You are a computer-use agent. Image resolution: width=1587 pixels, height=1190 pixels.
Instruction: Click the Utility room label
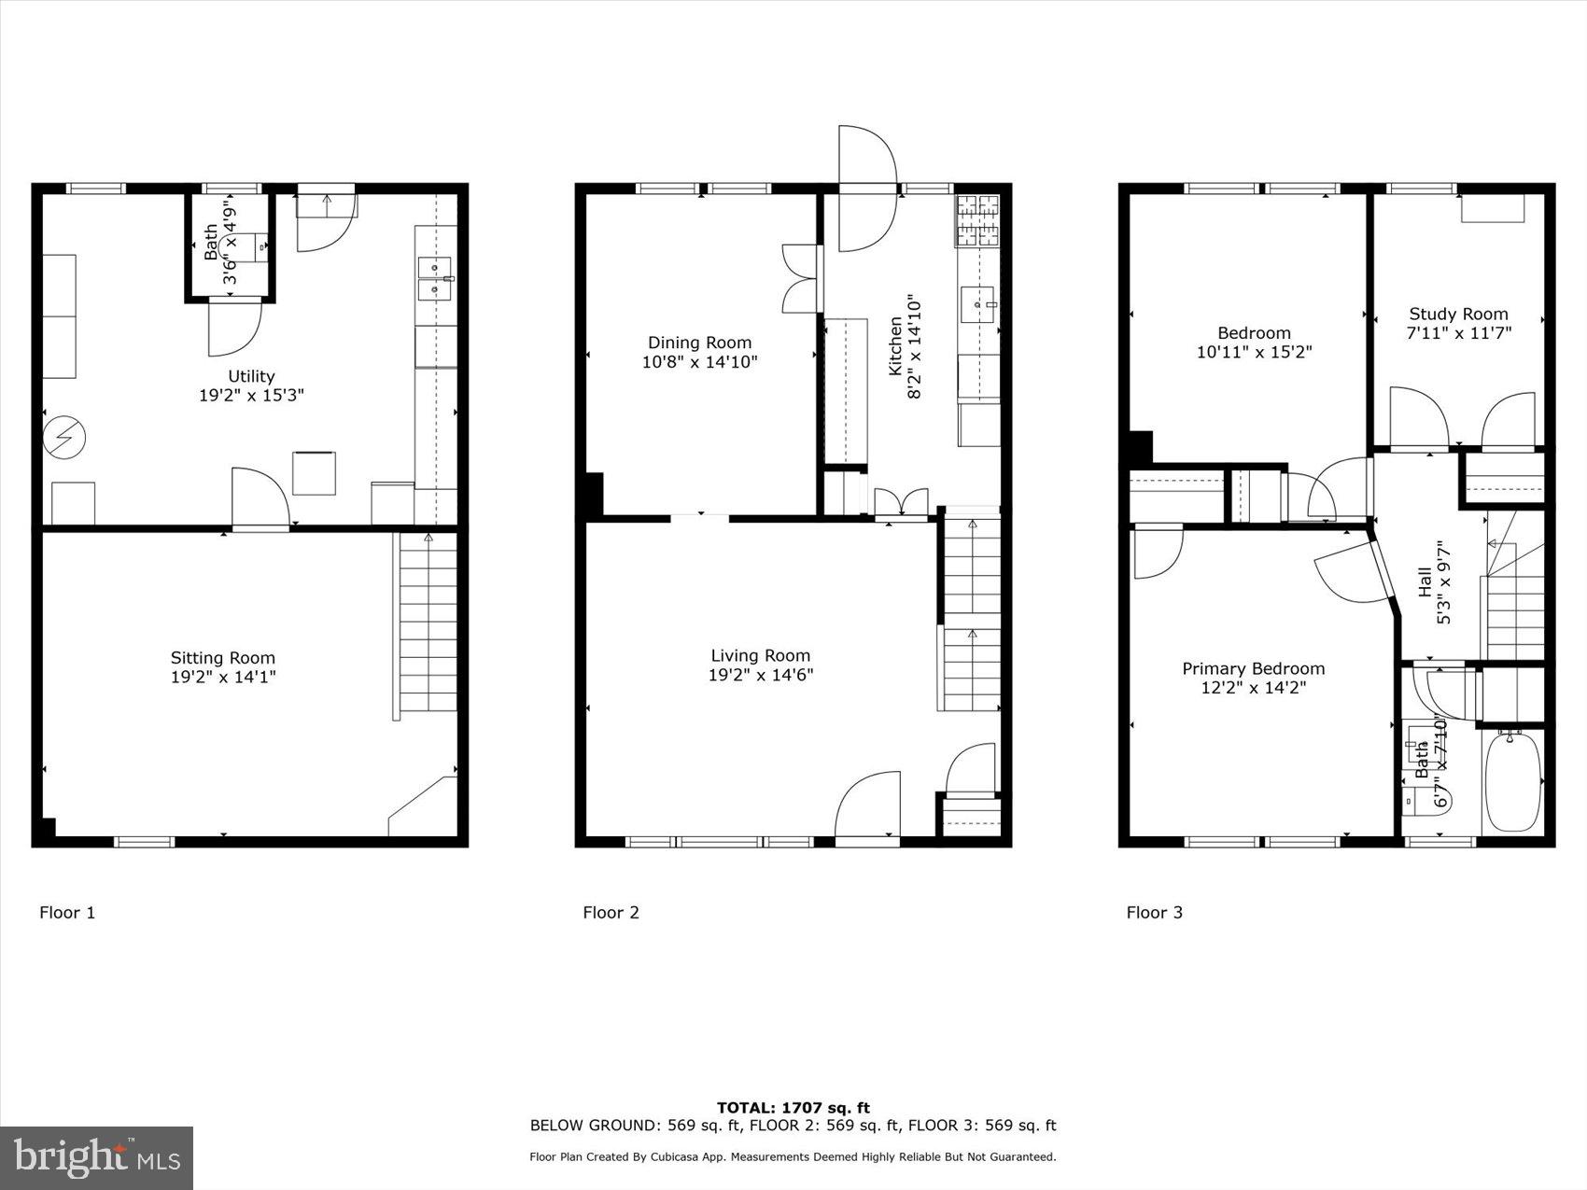point(251,376)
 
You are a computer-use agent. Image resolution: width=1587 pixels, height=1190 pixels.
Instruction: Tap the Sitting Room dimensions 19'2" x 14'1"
point(223,677)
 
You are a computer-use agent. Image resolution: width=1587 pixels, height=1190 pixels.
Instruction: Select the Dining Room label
point(699,343)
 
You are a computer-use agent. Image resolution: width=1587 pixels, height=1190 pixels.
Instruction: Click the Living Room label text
point(760,655)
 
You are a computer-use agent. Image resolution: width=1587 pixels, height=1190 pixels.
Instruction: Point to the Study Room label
point(1458,315)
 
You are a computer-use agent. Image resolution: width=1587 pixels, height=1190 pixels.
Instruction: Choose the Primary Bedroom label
point(1253,668)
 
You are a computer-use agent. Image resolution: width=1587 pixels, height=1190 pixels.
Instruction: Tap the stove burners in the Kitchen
point(977,220)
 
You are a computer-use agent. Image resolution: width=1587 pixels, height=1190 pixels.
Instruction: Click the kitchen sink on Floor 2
point(978,305)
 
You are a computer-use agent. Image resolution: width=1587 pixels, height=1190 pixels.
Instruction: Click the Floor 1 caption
point(67,913)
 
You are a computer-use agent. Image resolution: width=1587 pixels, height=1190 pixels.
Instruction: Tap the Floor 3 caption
point(1154,913)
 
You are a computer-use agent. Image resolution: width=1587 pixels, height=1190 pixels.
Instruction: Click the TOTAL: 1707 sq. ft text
point(793,1108)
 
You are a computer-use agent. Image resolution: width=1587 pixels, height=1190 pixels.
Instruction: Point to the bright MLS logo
point(97,1157)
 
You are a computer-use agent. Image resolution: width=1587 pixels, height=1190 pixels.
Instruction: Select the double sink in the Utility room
point(435,279)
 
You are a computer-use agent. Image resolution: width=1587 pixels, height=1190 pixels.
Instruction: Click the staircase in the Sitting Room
point(428,623)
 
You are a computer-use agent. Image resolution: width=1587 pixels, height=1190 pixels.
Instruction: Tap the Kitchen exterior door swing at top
point(867,189)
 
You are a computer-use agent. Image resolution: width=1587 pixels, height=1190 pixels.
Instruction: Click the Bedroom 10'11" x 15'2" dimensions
point(1253,352)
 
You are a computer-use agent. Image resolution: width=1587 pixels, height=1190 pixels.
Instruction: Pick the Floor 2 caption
point(611,913)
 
